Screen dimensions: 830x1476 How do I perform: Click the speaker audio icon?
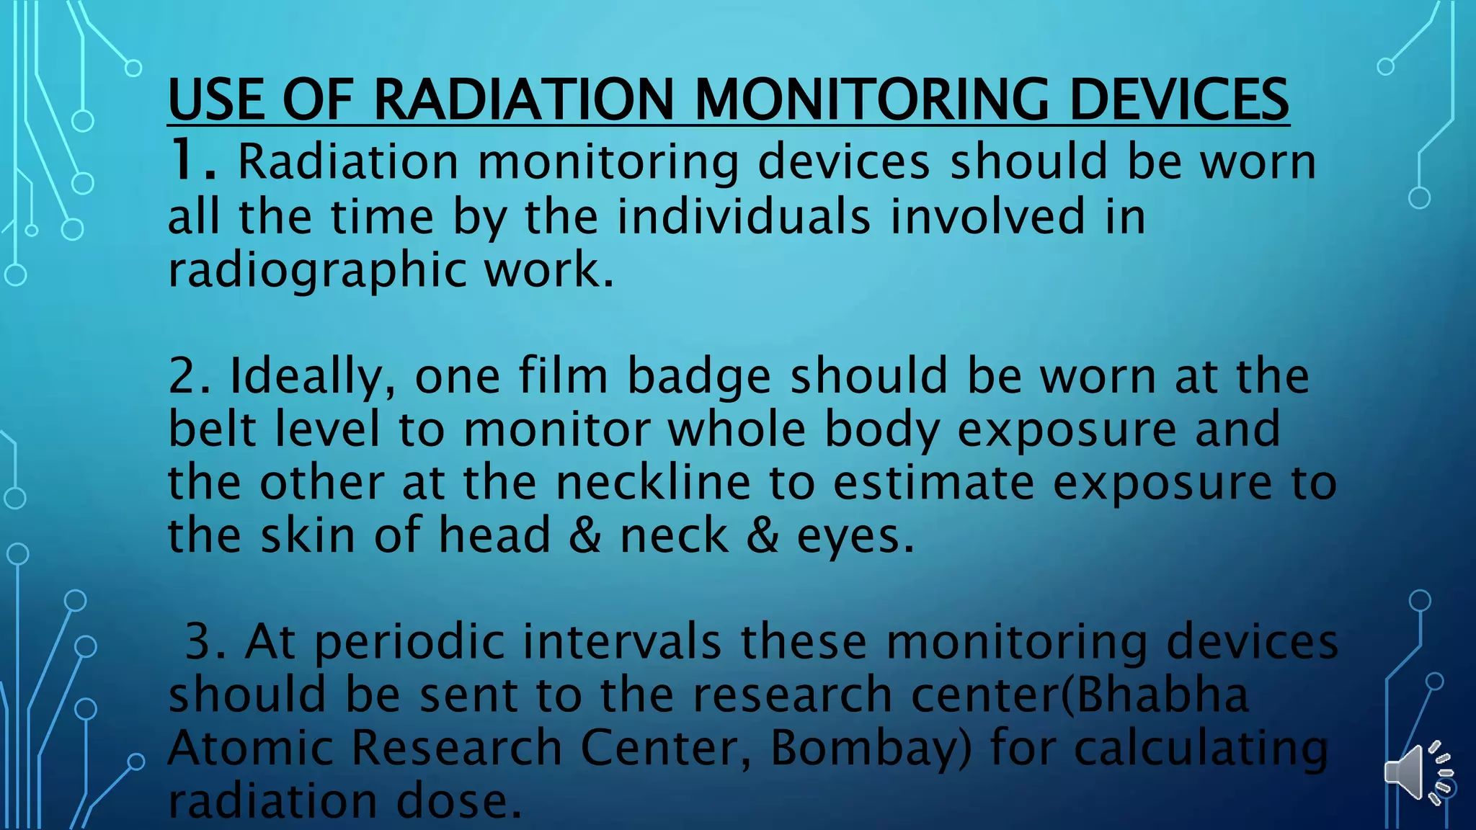pyautogui.click(x=1417, y=773)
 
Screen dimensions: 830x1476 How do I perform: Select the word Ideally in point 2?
pyautogui.click(x=313, y=376)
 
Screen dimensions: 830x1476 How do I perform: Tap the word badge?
pyautogui.click(x=699, y=376)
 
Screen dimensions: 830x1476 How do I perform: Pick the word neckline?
pyautogui.click(x=653, y=482)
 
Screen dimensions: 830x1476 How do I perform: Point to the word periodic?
pyautogui.click(x=410, y=641)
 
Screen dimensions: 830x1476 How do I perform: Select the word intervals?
pyautogui.click(x=622, y=641)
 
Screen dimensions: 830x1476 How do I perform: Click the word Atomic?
pyautogui.click(x=250, y=747)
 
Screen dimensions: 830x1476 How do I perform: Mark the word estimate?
pyautogui.click(x=933, y=482)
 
